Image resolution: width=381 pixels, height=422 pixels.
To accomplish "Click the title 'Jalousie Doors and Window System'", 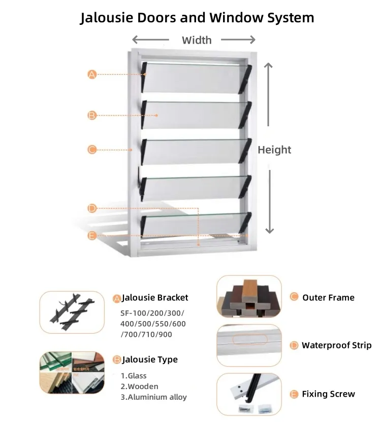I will click(197, 18).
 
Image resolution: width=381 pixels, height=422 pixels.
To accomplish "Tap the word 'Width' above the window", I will click(197, 40).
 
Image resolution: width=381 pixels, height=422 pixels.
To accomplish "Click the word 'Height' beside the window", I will click(274, 150).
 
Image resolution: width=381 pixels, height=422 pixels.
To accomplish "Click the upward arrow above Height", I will click(269, 94).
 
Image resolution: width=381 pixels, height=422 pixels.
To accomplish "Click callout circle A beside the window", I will click(92, 75).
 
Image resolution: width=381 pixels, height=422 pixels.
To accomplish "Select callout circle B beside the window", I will click(92, 116).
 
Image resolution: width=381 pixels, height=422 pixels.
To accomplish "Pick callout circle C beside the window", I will click(92, 150).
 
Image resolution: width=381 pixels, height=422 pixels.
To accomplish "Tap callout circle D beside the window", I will click(92, 208).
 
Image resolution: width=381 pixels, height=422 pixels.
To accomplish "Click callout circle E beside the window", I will click(92, 235).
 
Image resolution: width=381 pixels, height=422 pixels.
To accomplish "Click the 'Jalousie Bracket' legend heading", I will click(154, 298).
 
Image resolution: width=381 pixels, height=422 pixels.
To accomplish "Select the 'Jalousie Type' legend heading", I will click(149, 360).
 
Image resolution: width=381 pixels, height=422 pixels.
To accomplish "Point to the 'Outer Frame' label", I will click(328, 298).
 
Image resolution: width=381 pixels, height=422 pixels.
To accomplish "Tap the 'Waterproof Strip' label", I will click(336, 345).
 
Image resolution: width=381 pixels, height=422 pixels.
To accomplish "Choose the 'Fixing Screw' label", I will click(328, 394).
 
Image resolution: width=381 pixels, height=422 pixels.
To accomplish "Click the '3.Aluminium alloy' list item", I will click(153, 397).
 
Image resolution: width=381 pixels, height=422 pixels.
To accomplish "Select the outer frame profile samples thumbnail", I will click(249, 297).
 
